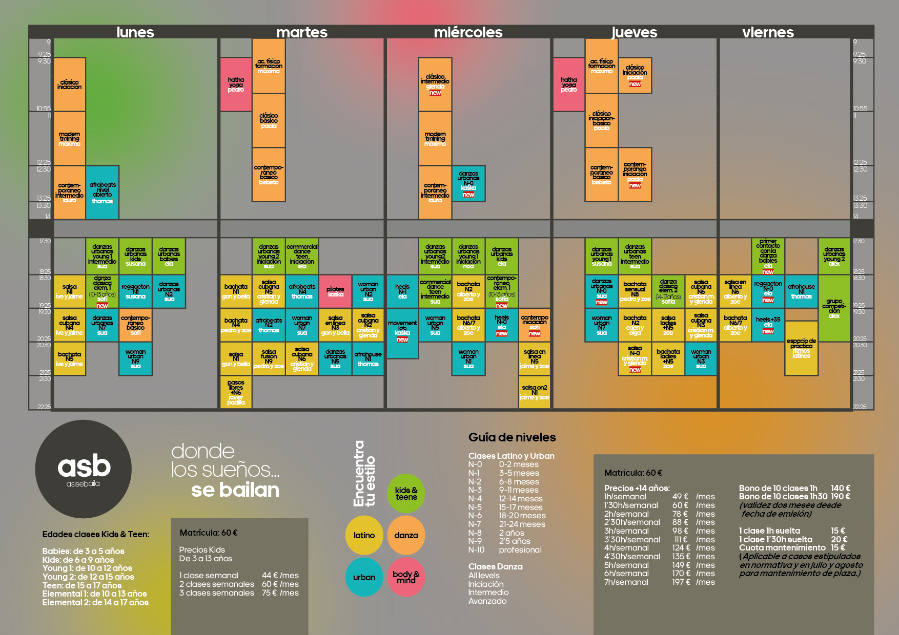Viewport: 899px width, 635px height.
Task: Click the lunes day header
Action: pos(135,32)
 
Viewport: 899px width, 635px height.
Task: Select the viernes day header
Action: pos(768,32)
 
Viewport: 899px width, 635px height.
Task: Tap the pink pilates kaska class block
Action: pos(336,291)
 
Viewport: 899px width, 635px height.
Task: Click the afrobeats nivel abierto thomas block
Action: pos(103,193)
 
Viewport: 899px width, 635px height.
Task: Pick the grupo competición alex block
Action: pos(834,308)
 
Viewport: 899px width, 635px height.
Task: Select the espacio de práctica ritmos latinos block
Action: pos(802,348)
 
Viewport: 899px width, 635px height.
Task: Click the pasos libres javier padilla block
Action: pos(236,392)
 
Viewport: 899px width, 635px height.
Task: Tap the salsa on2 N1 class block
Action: pos(534,392)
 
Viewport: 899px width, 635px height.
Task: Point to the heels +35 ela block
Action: pos(768,325)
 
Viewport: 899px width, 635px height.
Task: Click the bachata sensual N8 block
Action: pos(635,291)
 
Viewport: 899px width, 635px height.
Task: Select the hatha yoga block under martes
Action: pos(236,84)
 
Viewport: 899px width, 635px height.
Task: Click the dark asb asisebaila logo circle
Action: pos(84,469)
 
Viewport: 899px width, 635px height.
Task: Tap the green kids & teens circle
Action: pos(406,493)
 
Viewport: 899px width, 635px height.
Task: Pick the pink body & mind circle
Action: pos(406,577)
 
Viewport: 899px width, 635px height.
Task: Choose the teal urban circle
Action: pos(364,577)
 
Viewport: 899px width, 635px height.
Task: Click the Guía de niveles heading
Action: pos(512,437)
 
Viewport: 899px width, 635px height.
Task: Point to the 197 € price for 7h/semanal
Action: pos(681,582)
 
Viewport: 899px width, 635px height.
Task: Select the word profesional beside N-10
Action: pos(520,549)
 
